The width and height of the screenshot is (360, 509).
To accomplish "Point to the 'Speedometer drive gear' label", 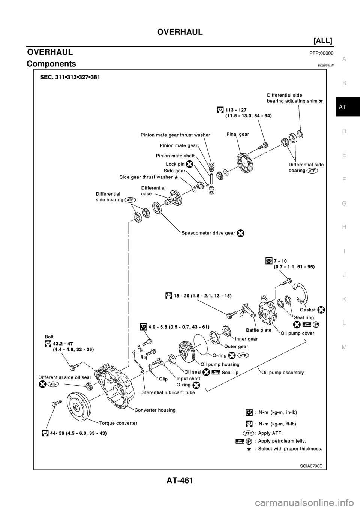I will (208, 233).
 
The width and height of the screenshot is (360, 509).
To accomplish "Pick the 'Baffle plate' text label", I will (259, 330).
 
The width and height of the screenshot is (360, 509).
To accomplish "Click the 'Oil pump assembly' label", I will (283, 373).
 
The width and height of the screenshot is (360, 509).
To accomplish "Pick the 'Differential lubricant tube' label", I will (167, 392).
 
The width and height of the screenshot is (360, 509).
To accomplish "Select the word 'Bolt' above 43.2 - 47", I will (49, 337).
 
